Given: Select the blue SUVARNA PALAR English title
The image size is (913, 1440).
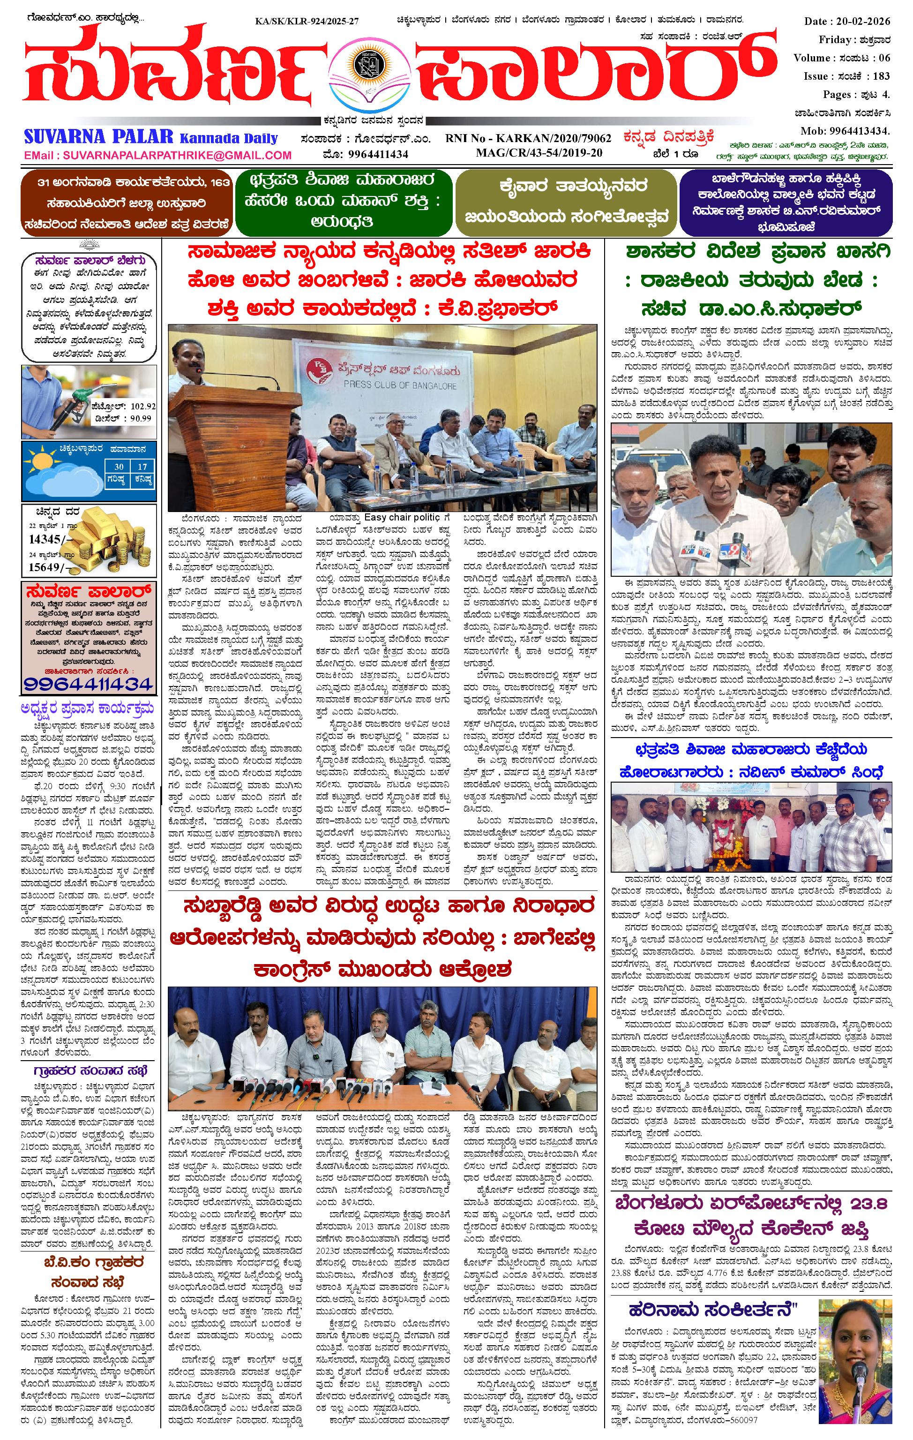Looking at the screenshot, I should (x=98, y=137).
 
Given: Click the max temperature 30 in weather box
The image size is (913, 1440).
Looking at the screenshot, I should (x=120, y=467).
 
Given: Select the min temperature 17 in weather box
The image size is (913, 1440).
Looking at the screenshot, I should (x=142, y=467).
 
